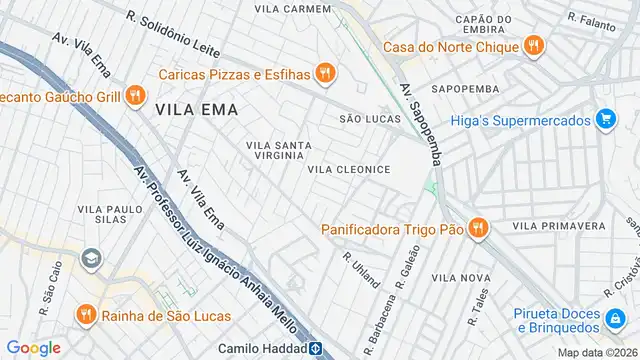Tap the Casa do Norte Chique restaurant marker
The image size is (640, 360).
(x=534, y=45)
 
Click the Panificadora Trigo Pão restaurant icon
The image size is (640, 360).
(x=478, y=229)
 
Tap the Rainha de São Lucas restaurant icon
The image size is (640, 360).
(x=86, y=316)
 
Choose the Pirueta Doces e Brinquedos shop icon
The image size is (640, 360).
(x=617, y=320)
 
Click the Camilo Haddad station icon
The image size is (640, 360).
(x=314, y=347)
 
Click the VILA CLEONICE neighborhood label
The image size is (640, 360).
(x=348, y=169)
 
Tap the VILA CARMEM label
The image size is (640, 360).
(x=292, y=9)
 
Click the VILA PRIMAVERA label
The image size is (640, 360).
(x=559, y=227)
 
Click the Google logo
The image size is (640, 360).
(x=34, y=347)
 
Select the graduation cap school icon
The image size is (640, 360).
(x=92, y=258)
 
